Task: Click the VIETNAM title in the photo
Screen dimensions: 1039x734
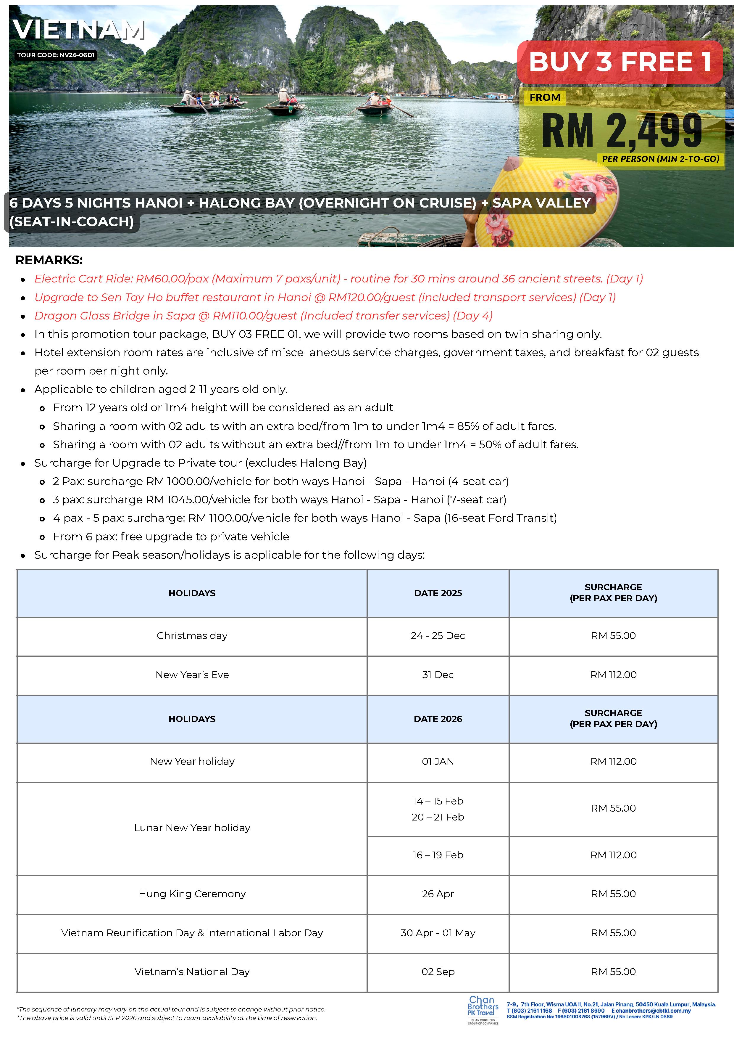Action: [79, 30]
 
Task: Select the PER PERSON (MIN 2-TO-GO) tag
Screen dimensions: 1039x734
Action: [660, 159]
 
